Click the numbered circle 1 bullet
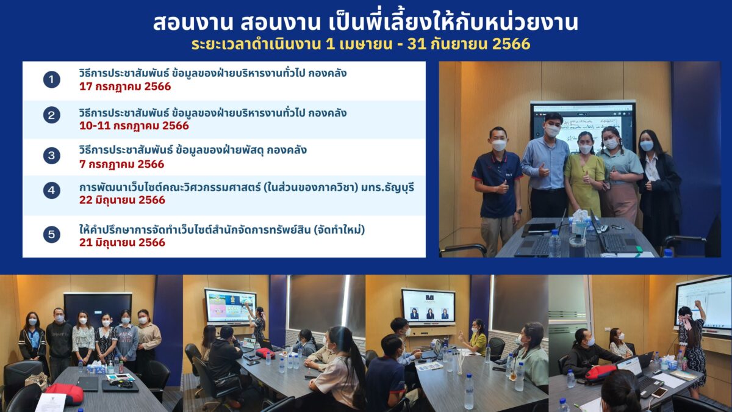coord(52,79)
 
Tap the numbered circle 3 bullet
coord(52,155)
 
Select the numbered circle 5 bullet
coord(52,234)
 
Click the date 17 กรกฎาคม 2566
coord(125,87)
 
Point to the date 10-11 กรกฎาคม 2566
coord(134,126)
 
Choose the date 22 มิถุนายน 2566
coord(122,200)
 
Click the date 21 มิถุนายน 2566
coord(122,243)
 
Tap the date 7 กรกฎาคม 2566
coord(121,164)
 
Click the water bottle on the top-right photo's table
coord(554,243)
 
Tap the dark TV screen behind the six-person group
coord(98,309)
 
